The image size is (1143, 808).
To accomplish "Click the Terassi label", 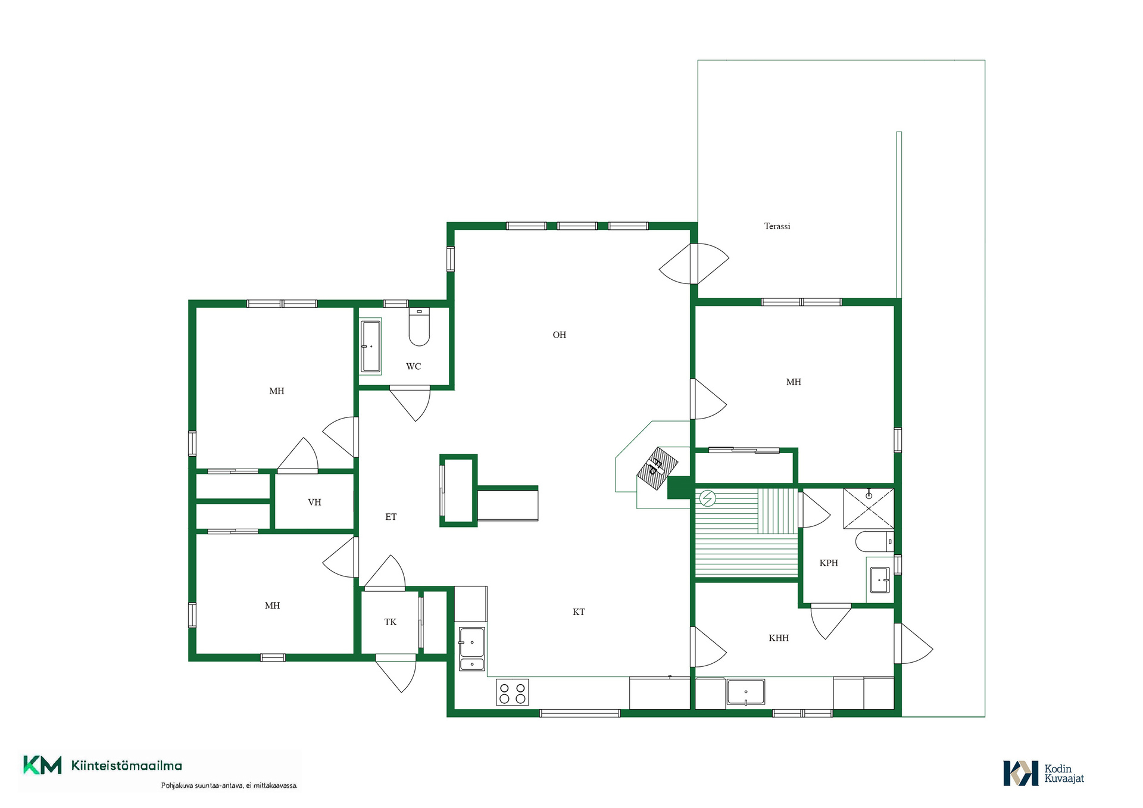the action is (x=777, y=226).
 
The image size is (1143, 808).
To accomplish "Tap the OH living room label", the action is (x=560, y=335).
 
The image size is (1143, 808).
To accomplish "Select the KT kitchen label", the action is (x=579, y=612).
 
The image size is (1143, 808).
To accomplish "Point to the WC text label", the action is (x=414, y=366).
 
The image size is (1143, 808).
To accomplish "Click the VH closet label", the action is (x=314, y=502).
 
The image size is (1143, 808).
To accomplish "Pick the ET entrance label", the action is (x=391, y=517).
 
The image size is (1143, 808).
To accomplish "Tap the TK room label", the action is (x=391, y=622).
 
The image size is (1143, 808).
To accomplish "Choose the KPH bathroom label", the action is (x=829, y=563).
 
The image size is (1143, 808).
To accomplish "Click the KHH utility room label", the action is (x=779, y=638).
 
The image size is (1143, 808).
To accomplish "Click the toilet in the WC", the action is (x=419, y=327).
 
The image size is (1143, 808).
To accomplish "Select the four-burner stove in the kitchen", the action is (x=513, y=692).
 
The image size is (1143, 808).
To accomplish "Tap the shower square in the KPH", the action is (x=869, y=508).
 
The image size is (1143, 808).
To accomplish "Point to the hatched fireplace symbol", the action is (x=657, y=469).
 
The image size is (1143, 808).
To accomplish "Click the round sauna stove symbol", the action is (x=707, y=498).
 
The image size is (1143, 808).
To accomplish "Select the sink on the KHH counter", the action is (x=745, y=692).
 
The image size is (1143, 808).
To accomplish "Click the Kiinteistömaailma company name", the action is (x=127, y=766).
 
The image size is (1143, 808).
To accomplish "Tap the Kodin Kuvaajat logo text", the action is (x=1064, y=773).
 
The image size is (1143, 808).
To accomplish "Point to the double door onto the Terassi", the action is (x=694, y=263).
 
